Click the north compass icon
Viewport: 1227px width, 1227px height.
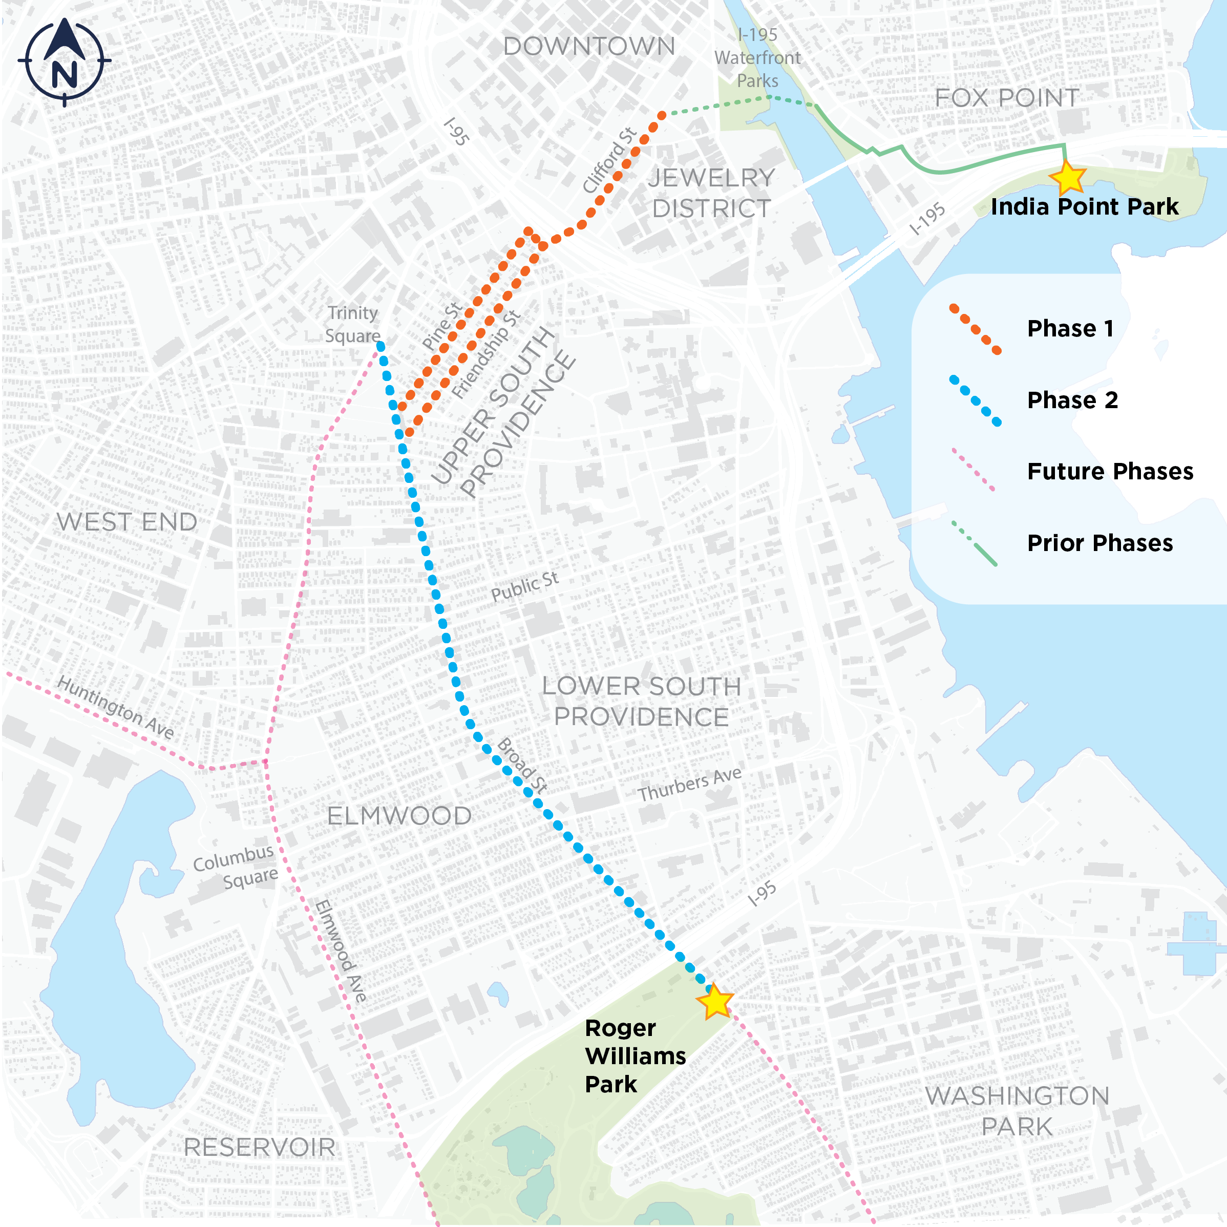64,61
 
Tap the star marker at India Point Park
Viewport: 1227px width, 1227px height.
1068,177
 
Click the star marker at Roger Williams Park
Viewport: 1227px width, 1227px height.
715,1002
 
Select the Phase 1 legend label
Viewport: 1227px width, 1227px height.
1070,328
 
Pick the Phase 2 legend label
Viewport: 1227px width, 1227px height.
1072,400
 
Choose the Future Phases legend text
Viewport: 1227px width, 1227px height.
1110,471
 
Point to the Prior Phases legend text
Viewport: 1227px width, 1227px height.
1099,543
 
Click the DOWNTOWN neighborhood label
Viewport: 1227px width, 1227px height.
589,47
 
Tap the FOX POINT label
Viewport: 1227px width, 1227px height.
1007,98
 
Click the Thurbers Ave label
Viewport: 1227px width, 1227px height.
689,785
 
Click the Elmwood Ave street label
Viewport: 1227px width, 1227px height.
341,951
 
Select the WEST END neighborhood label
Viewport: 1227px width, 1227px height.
126,522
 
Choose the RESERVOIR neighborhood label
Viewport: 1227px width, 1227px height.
259,1148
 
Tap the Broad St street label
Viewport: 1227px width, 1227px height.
522,765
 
